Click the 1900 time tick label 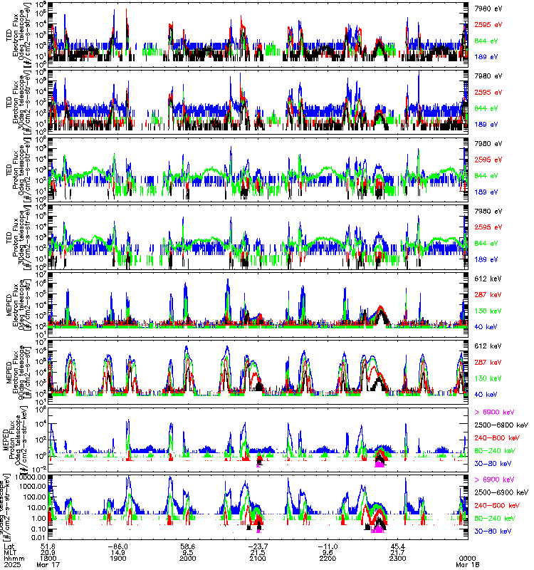[118, 558]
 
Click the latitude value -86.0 [117, 544]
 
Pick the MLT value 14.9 [118, 551]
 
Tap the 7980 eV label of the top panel [488, 8]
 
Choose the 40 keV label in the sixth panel [485, 394]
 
